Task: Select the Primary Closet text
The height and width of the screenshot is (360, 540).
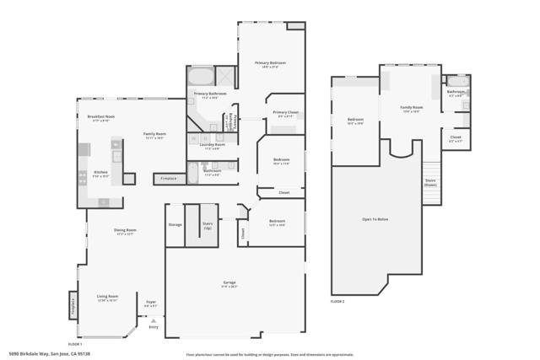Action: click(285, 112)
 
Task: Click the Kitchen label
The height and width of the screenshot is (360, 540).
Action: click(100, 171)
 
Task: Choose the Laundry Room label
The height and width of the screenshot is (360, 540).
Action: click(213, 144)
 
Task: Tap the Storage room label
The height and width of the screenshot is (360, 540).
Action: click(175, 224)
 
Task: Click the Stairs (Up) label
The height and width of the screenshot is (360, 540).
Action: click(208, 225)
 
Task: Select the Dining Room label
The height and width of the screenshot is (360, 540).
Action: click(125, 230)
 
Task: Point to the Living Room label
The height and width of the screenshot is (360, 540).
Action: click(107, 296)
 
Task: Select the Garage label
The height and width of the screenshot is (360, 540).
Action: click(229, 284)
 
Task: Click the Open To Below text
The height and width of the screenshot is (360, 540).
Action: click(375, 219)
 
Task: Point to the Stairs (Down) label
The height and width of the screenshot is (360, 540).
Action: click(430, 181)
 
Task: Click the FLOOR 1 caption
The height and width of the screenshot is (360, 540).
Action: click(75, 343)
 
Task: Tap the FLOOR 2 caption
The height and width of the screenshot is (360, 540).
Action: click(337, 301)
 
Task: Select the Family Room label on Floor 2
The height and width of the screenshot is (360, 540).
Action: click(411, 108)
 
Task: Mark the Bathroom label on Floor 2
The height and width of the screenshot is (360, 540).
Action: click(456, 92)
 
